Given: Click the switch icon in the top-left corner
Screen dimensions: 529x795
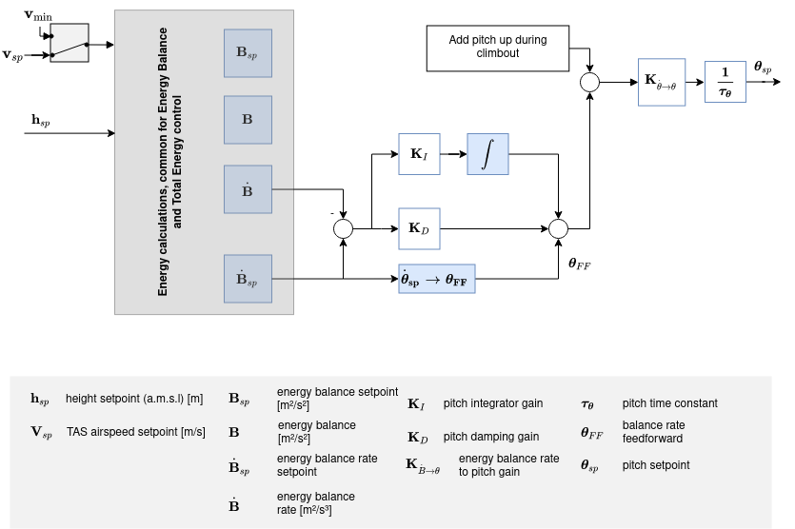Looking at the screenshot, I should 69,43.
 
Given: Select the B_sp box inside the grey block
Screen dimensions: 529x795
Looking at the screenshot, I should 248,53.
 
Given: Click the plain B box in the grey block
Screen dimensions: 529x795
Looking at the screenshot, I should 248,120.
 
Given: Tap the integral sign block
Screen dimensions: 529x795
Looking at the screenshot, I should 487,154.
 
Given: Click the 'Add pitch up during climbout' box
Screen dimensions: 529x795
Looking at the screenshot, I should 497,48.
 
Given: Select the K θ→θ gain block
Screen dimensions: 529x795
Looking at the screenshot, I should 661,82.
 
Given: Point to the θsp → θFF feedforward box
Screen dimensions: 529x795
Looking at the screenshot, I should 436,279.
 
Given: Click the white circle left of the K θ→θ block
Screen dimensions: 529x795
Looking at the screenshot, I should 590,83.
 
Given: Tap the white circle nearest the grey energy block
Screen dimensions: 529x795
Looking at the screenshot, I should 343,228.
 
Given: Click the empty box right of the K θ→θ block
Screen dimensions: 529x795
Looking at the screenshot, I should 725,82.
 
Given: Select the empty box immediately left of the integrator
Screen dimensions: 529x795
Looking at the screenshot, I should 419,154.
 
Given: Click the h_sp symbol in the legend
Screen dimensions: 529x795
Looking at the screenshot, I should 40,400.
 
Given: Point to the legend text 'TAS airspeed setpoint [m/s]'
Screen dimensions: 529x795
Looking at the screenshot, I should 135,432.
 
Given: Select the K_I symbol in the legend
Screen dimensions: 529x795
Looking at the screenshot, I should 416,404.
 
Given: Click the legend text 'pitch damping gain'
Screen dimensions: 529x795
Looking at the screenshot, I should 490,437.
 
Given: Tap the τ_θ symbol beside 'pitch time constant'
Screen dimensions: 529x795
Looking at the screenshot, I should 587,404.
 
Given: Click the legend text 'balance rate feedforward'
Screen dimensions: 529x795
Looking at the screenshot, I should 653,431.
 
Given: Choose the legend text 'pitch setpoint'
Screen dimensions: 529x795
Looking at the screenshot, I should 655,465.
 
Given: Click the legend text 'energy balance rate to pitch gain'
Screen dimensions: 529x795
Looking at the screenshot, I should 508,465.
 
